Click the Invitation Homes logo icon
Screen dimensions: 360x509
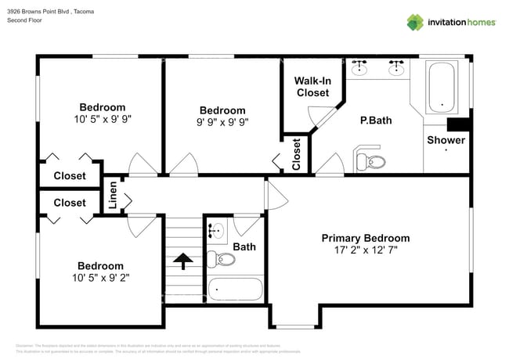415,22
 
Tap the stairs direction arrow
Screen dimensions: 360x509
184,261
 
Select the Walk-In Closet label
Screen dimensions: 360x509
312,87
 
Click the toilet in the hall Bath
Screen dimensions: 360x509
216,257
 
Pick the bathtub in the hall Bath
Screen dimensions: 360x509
236,289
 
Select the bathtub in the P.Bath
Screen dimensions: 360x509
443,87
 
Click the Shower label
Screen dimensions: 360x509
446,140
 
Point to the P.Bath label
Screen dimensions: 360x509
376,120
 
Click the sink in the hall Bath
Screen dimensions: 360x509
217,230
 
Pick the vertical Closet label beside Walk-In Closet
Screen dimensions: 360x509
296,154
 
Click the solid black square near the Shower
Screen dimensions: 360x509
457,125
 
